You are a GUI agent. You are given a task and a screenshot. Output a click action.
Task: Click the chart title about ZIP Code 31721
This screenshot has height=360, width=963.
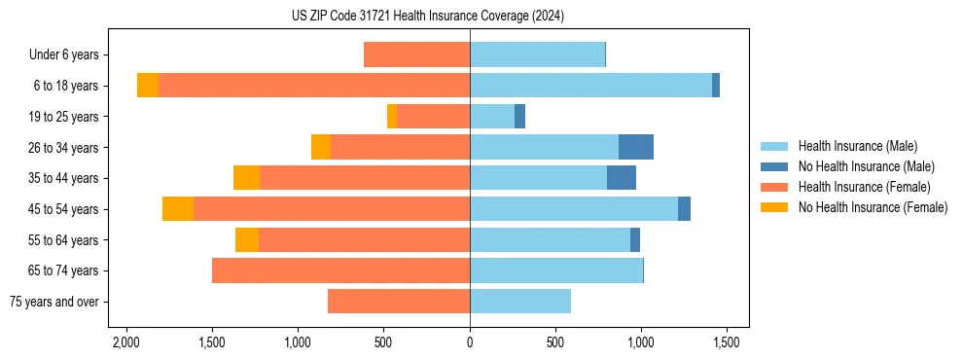(427, 16)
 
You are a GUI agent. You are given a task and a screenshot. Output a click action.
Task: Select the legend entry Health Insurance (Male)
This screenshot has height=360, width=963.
(857, 146)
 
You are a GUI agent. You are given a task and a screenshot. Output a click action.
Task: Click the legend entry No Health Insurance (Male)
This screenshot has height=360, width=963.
(866, 166)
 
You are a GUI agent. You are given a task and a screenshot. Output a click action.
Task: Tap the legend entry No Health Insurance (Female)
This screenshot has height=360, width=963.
(873, 207)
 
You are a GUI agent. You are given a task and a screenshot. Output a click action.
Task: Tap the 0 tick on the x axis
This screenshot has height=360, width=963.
(470, 342)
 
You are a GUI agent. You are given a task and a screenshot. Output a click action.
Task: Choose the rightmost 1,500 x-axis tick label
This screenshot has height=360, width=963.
(726, 342)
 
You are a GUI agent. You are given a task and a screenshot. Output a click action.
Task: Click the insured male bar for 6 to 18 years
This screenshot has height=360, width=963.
(590, 86)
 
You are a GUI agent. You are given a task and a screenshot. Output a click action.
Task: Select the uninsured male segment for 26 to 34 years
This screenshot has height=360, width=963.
(636, 147)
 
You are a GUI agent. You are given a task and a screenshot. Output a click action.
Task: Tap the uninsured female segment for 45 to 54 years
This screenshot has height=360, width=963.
(178, 209)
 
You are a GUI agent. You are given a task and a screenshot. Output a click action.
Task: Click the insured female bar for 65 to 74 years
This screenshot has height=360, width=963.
(340, 270)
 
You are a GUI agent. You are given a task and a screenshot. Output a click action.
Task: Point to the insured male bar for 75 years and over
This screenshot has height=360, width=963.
(520, 302)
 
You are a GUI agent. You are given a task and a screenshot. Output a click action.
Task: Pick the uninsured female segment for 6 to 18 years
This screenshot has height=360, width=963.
(148, 86)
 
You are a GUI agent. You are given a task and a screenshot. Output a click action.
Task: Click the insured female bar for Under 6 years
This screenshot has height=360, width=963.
(416, 55)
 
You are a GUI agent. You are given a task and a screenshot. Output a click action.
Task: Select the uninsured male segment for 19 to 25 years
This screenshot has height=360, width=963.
(519, 117)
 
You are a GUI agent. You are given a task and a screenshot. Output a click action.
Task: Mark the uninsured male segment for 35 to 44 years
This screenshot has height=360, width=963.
(622, 178)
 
